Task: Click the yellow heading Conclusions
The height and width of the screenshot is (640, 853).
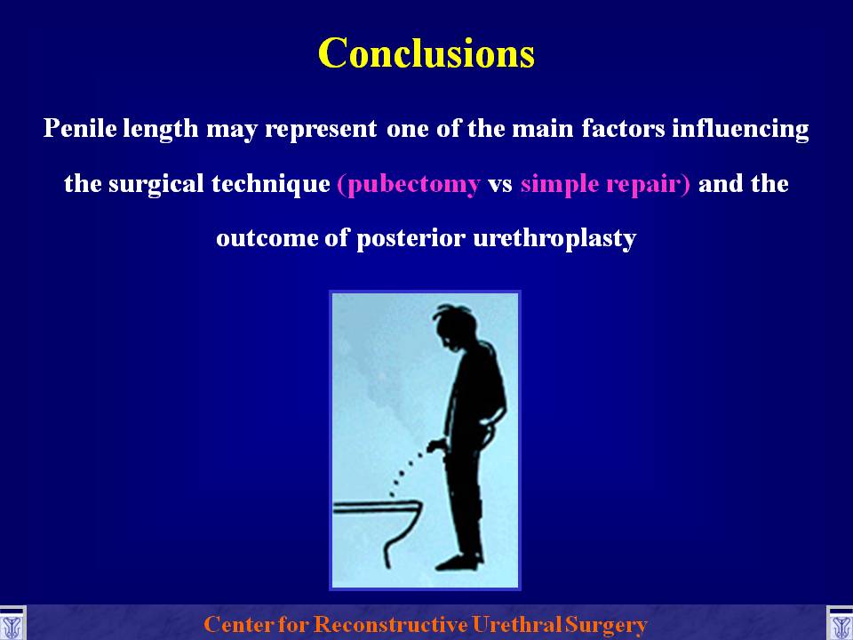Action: pos(426,53)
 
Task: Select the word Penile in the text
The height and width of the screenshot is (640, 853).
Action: pos(80,128)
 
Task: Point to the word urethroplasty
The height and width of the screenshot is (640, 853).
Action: pos(554,239)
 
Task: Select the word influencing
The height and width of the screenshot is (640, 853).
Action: pos(740,129)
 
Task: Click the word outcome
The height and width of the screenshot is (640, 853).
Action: pos(267,239)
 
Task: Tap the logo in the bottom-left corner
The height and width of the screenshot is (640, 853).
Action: pos(12,624)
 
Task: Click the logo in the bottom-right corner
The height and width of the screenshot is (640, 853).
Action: pos(840,624)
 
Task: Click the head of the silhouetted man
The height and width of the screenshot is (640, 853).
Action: pos(455,326)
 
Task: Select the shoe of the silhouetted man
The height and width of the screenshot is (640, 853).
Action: pos(458,562)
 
